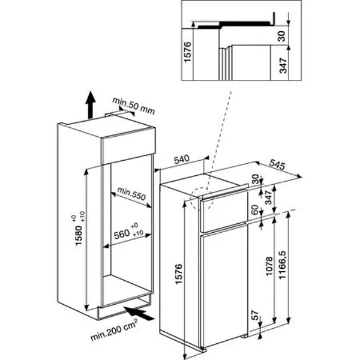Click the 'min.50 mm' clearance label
click(133, 106)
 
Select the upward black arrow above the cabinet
click(91, 105)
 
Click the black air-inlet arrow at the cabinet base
click(139, 313)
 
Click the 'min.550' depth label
click(131, 194)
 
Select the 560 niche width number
click(122, 235)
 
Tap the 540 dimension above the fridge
click(182, 159)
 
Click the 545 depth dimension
click(277, 164)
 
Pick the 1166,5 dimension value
click(282, 265)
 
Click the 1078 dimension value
click(269, 266)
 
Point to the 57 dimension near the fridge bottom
click(255, 315)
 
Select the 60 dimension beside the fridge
click(254, 210)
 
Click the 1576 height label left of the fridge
click(179, 274)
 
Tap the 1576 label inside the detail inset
click(187, 52)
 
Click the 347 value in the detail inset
click(283, 65)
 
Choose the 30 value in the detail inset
click(281, 36)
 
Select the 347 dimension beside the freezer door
click(268, 197)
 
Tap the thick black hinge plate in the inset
click(236, 23)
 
